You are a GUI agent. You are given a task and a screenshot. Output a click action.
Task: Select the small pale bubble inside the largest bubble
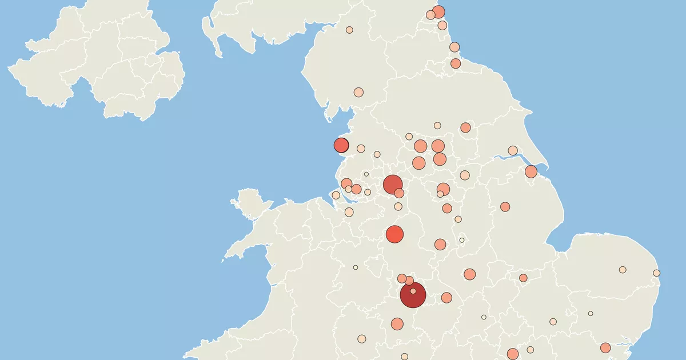coord(413,291)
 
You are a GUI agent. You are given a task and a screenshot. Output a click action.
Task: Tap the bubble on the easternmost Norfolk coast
coord(657,273)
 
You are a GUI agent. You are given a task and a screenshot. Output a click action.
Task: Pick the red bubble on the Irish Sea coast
coord(341,145)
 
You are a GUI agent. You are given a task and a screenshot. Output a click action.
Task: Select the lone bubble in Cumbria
coord(358,92)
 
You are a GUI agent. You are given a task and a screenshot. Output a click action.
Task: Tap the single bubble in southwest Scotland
coord(349,30)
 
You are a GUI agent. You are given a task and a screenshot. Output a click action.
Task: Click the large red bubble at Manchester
coord(392,184)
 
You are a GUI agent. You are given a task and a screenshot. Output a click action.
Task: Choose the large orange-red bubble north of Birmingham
coord(394,234)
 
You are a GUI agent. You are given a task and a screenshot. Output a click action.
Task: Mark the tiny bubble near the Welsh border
coord(356,267)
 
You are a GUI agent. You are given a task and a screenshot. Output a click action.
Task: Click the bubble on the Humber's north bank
coord(513,150)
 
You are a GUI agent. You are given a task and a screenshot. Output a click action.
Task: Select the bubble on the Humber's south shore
coord(531,171)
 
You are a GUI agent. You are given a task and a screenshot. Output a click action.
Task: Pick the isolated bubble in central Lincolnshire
coord(505,207)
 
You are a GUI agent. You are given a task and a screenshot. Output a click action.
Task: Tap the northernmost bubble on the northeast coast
coord(438,11)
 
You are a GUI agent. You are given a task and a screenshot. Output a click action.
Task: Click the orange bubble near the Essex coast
coord(605,347)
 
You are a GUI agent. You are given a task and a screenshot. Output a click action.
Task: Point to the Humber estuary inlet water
coord(503,157)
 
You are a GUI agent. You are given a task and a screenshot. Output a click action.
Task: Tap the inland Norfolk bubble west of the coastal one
coord(623,270)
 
